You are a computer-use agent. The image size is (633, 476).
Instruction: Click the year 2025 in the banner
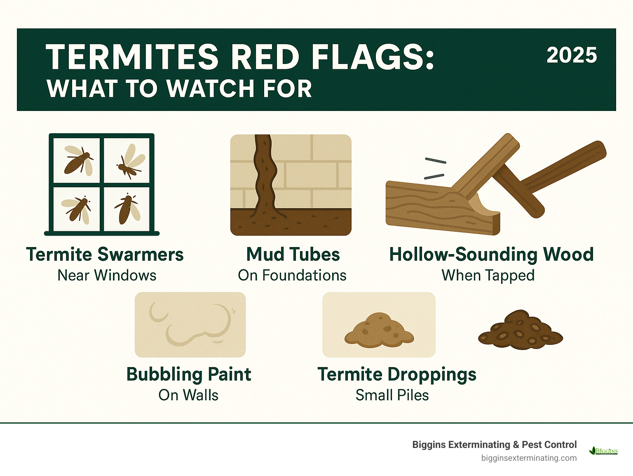click(x=572, y=55)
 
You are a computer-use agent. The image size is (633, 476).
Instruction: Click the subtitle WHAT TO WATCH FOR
click(x=179, y=89)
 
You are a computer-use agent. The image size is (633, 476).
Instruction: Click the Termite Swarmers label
click(x=105, y=254)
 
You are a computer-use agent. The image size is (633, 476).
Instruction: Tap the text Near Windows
click(x=107, y=276)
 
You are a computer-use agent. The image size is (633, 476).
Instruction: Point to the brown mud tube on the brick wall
click(x=264, y=173)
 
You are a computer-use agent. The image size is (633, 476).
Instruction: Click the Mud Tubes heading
click(x=293, y=254)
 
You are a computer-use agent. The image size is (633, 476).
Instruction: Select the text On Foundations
click(x=292, y=276)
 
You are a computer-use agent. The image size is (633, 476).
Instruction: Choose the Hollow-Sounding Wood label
click(x=491, y=254)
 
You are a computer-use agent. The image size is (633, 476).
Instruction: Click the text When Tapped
click(x=488, y=276)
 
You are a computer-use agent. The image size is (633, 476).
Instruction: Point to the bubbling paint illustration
click(x=190, y=325)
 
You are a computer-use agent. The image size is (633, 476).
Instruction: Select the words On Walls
click(x=188, y=395)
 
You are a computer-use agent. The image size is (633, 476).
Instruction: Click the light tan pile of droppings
click(x=379, y=330)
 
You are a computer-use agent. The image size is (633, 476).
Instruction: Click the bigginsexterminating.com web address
click(x=529, y=458)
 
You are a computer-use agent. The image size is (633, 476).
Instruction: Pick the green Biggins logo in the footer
click(x=604, y=451)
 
